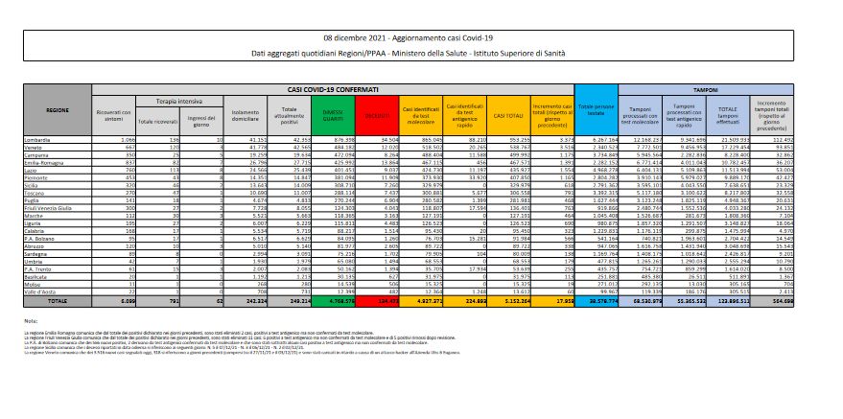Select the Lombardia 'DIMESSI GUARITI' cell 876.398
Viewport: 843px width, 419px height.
(x=342, y=140)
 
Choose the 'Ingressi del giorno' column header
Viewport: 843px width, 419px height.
(x=204, y=120)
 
